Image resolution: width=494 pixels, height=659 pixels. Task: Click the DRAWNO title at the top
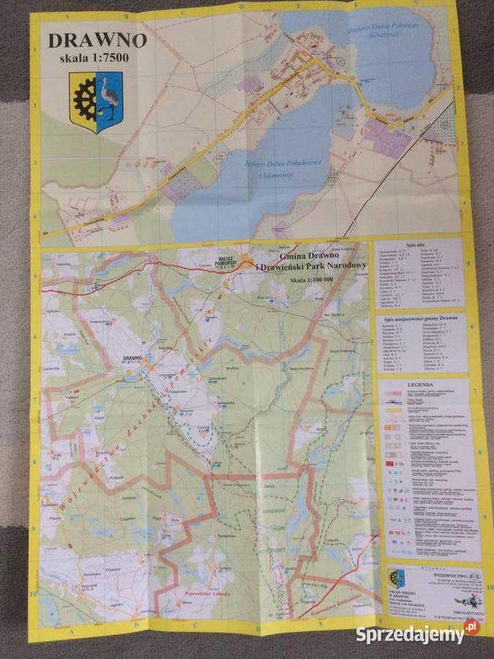click(x=97, y=40)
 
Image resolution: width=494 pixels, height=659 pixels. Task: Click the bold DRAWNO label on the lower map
click(x=132, y=359)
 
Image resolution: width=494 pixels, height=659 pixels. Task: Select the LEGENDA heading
click(x=424, y=384)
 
